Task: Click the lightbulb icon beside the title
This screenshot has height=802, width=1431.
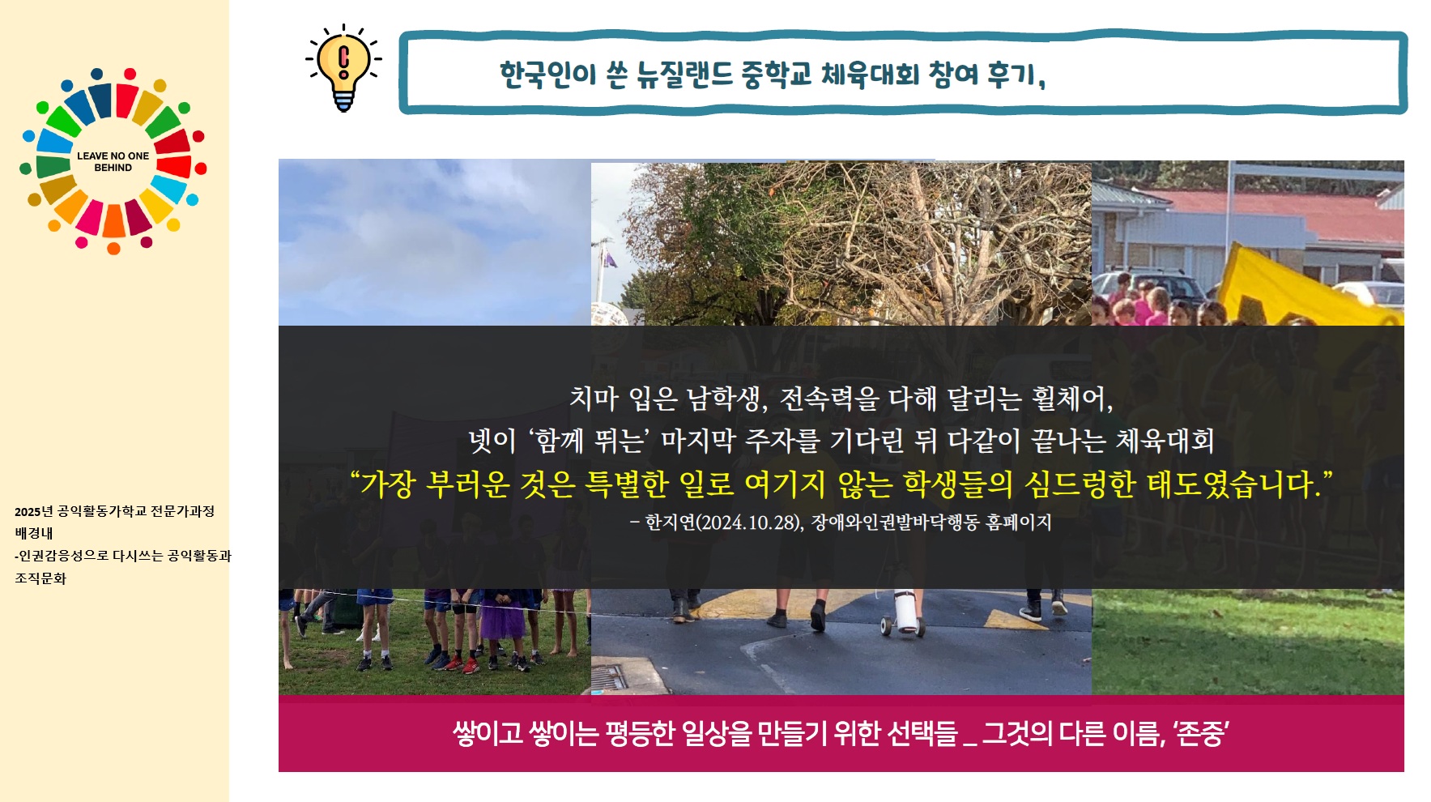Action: point(343,68)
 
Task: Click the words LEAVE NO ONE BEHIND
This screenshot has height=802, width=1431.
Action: point(113,161)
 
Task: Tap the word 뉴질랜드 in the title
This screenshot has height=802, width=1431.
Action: point(684,75)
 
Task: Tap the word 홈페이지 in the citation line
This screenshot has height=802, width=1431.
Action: point(1018,523)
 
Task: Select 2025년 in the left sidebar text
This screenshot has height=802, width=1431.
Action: point(33,511)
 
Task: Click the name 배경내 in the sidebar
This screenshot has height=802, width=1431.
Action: point(33,533)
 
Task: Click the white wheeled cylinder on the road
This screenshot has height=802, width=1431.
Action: point(904,612)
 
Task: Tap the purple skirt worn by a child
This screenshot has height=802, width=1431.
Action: point(503,622)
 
